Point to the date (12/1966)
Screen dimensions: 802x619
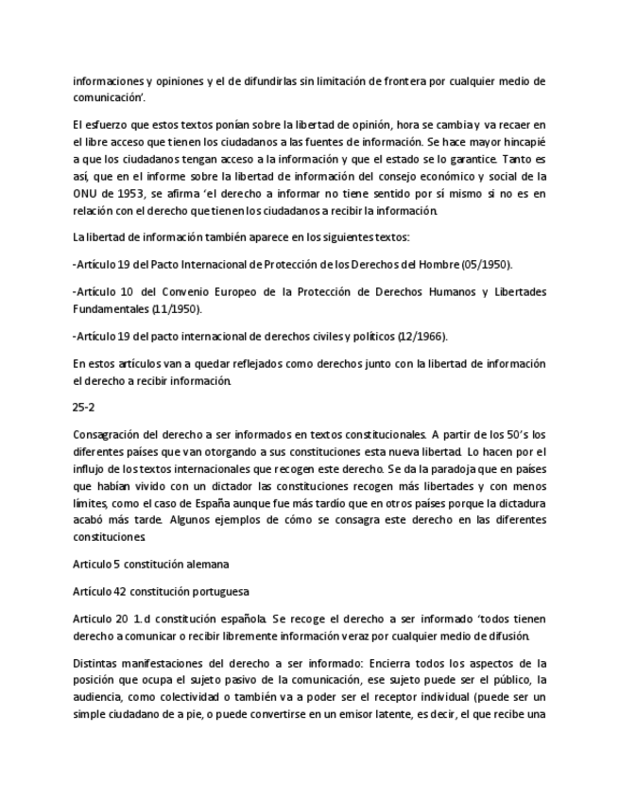tap(423, 336)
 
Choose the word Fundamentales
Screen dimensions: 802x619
tap(112, 308)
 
